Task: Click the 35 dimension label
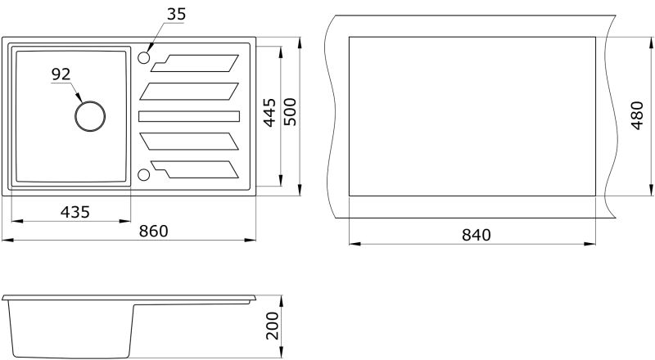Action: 176,14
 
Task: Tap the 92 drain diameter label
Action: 61,74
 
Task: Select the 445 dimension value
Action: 270,112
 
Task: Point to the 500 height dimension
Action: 290,111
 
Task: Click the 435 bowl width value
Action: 75,212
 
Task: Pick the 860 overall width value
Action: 154,231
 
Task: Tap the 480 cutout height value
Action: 637,115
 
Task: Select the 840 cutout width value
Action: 477,235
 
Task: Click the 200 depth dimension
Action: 272,326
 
